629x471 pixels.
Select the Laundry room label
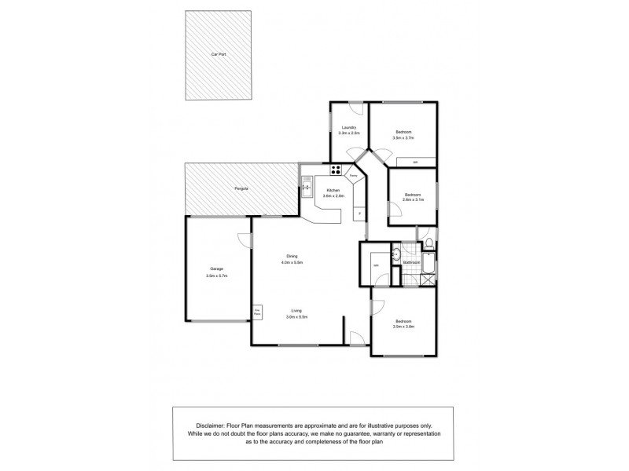(349, 128)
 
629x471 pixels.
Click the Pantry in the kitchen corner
(355, 177)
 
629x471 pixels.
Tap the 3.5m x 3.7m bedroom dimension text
(403, 137)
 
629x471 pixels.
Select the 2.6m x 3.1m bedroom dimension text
(413, 200)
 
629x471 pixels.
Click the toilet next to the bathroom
(429, 243)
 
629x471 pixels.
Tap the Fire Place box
(257, 312)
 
